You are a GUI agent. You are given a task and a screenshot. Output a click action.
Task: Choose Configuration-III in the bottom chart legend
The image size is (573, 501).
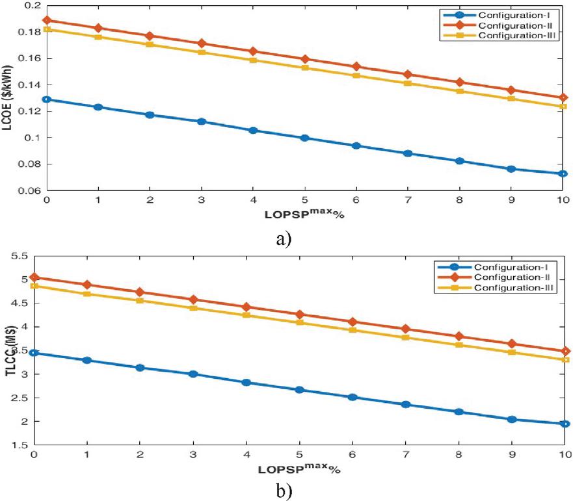[514, 287]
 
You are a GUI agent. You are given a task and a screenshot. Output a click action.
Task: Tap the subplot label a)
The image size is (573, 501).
[284, 238]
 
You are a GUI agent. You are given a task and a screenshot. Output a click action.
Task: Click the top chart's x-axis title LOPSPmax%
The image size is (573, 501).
[304, 213]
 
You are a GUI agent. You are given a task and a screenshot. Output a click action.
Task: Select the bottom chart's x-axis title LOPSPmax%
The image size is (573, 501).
[304, 466]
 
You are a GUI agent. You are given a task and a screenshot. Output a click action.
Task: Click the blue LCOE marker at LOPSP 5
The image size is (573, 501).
[305, 138]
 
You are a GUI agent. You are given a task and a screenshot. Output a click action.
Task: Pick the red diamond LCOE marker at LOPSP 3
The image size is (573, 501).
[202, 44]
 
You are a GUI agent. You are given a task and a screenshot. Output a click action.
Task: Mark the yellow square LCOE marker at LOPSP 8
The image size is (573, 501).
[460, 91]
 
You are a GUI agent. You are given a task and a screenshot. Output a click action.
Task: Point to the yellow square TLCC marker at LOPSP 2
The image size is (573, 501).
[150, 300]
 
